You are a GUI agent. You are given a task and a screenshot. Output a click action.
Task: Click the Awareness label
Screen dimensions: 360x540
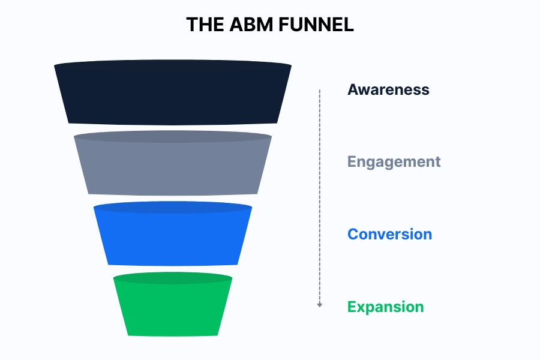coord(388,90)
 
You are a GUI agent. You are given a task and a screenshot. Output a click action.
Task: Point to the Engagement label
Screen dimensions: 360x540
coord(394,162)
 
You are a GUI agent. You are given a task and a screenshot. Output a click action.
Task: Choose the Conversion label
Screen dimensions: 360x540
coord(389,234)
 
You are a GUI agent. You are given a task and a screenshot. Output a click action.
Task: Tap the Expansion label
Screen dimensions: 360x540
coord(385,307)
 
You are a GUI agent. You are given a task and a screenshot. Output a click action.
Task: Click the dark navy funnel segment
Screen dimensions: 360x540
coord(173,95)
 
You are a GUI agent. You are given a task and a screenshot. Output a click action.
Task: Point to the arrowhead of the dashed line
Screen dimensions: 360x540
coord(320,305)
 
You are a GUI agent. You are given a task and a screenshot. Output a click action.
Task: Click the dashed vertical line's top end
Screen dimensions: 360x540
coord(320,91)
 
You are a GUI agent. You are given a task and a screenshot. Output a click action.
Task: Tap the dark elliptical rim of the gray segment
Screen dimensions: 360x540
coord(173,137)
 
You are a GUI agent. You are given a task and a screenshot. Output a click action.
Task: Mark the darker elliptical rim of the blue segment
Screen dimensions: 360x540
coord(173,208)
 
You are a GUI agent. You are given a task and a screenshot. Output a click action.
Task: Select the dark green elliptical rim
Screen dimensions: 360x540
coord(173,278)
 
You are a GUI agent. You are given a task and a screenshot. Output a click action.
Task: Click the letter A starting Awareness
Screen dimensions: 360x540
coord(353,90)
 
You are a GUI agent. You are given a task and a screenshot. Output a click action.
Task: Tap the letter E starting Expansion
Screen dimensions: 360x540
coord(352,307)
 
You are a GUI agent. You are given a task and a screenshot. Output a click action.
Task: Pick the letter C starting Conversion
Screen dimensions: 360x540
coord(353,234)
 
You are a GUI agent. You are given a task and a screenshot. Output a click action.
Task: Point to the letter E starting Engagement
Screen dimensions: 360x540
coord(352,162)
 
